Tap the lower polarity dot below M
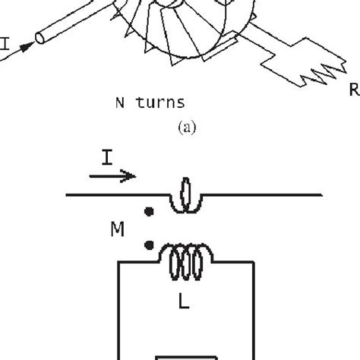coord(149,245)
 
